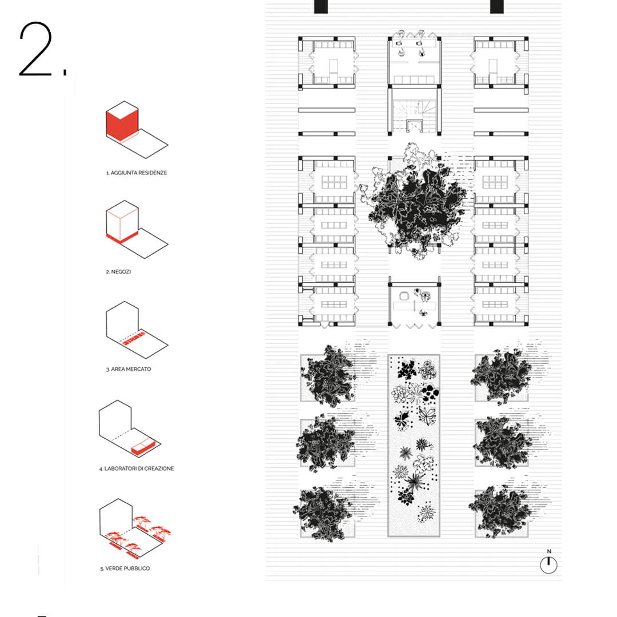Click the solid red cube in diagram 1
click(x=122, y=124)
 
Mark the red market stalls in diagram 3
click(x=133, y=338)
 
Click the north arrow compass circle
click(x=548, y=565)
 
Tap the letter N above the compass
click(x=549, y=551)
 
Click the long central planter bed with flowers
click(x=414, y=446)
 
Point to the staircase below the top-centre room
click(x=414, y=115)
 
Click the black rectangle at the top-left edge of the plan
click(x=321, y=7)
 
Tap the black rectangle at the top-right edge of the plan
click(x=497, y=7)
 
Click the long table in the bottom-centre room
click(x=414, y=306)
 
